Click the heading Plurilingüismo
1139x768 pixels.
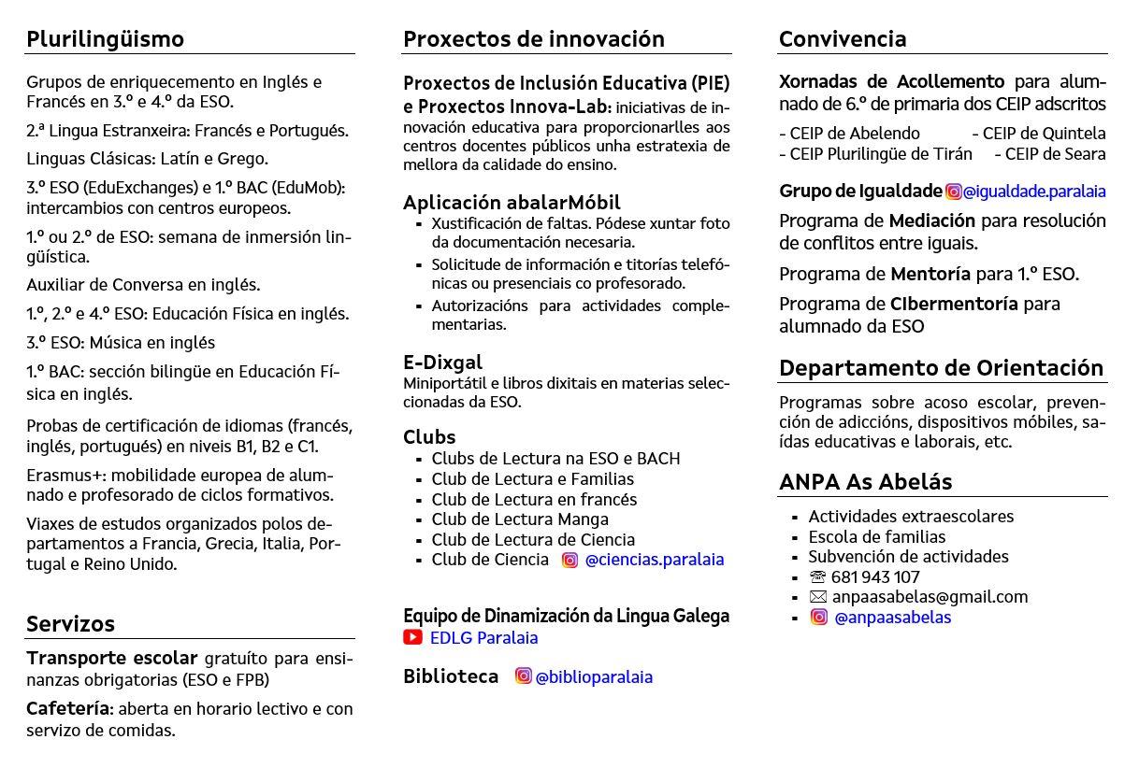point(105,39)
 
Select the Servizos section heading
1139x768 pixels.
point(70,624)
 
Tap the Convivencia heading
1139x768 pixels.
point(842,39)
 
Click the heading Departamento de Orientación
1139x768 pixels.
point(941,368)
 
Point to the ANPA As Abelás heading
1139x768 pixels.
point(865,482)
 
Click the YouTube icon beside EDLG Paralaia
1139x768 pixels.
point(412,637)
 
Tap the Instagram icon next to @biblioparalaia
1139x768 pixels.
point(524,676)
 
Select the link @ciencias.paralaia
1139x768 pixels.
point(654,560)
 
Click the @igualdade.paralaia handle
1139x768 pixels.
point(1033,192)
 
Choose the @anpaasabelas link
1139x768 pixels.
point(892,618)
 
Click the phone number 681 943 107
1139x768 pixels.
point(874,577)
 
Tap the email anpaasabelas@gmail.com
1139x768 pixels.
point(930,597)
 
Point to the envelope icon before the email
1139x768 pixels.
point(817,597)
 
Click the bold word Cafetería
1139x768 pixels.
point(67,709)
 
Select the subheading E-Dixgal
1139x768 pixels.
point(442,363)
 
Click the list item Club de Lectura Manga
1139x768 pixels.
point(519,519)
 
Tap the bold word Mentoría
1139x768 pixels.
point(930,275)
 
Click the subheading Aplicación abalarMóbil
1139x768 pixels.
point(512,203)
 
